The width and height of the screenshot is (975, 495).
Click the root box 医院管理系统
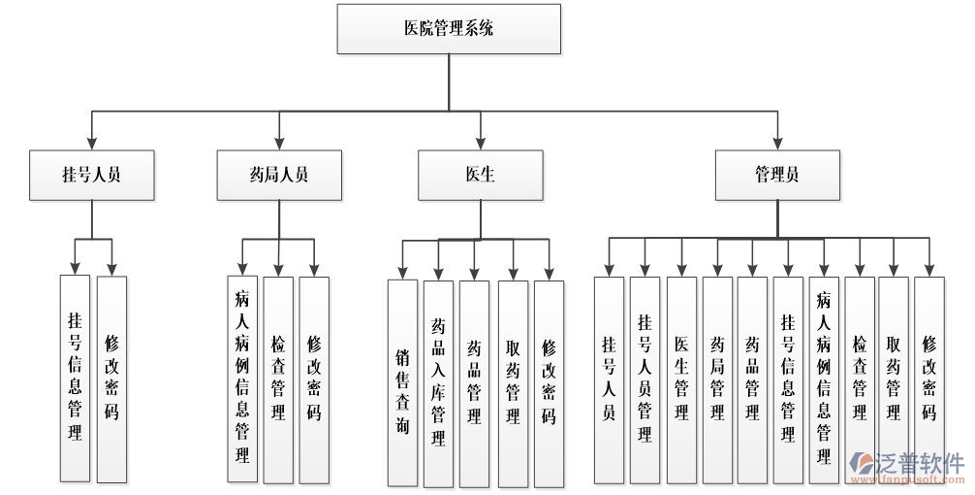(449, 29)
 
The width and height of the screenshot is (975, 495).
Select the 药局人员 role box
(278, 175)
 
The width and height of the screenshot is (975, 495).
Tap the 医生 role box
(480, 175)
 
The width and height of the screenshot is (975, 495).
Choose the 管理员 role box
(777, 175)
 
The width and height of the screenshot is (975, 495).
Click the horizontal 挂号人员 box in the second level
(91, 175)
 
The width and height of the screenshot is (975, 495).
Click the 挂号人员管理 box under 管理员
(645, 379)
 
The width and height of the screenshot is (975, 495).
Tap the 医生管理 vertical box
(681, 379)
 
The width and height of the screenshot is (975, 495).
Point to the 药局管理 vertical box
(717, 379)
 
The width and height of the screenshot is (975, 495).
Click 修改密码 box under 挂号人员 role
(111, 379)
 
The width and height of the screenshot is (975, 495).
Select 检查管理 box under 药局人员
(278, 379)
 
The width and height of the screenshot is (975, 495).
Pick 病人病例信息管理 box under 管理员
(824, 379)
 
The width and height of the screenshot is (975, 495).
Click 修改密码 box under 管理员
(929, 379)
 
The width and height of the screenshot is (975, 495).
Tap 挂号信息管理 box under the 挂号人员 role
(75, 379)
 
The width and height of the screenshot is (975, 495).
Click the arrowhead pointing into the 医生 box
(480, 144)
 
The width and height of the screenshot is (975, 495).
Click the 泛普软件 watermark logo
(906, 466)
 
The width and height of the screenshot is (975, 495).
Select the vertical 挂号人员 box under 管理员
(609, 379)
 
